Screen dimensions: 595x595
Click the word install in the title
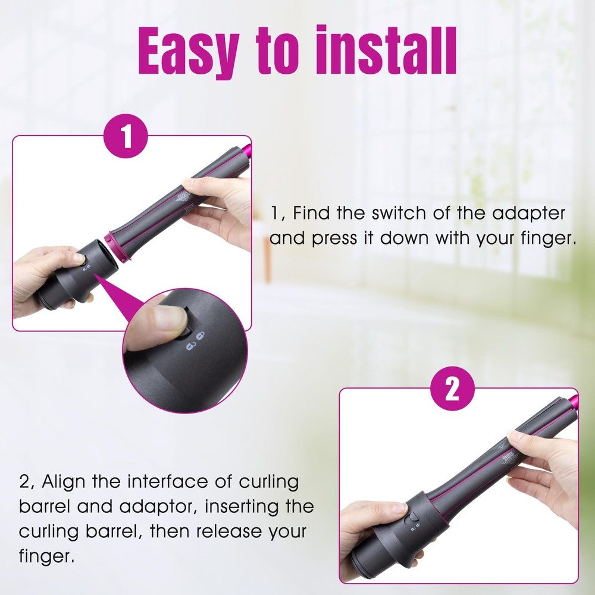click(386, 50)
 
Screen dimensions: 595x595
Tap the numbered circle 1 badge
click(126, 136)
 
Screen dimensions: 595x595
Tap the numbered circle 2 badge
click(453, 389)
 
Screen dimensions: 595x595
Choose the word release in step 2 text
click(229, 531)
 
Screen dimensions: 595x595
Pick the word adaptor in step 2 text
click(159, 507)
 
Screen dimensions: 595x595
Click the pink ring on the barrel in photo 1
click(118, 245)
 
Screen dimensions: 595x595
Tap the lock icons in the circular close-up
click(195, 341)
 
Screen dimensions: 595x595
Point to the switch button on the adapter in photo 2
click(411, 518)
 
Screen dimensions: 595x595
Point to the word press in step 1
click(334, 239)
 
